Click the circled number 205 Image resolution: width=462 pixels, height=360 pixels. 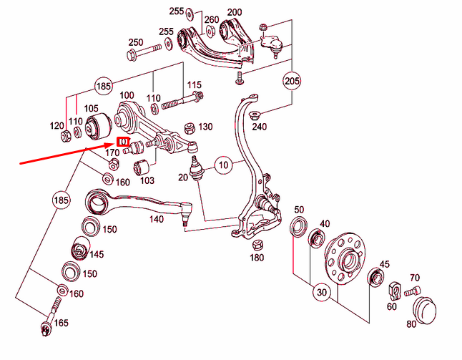291,80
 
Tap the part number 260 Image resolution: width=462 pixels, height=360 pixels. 212,20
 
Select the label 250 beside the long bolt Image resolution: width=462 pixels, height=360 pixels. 136,42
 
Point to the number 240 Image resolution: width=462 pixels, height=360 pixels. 259,127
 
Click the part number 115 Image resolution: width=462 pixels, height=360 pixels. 193,86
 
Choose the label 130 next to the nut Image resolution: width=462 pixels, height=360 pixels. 205,127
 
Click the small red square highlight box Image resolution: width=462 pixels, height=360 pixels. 123,141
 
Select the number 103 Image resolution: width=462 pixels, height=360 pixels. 147,181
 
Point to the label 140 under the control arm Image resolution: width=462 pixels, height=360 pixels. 156,220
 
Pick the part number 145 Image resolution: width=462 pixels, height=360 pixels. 97,254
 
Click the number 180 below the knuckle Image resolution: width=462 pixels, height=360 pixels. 257,258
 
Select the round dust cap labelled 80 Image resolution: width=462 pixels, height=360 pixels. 426,309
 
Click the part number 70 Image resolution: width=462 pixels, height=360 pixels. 415,278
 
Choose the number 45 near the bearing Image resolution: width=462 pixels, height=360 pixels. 384,264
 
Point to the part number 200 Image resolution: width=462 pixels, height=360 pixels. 234,13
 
